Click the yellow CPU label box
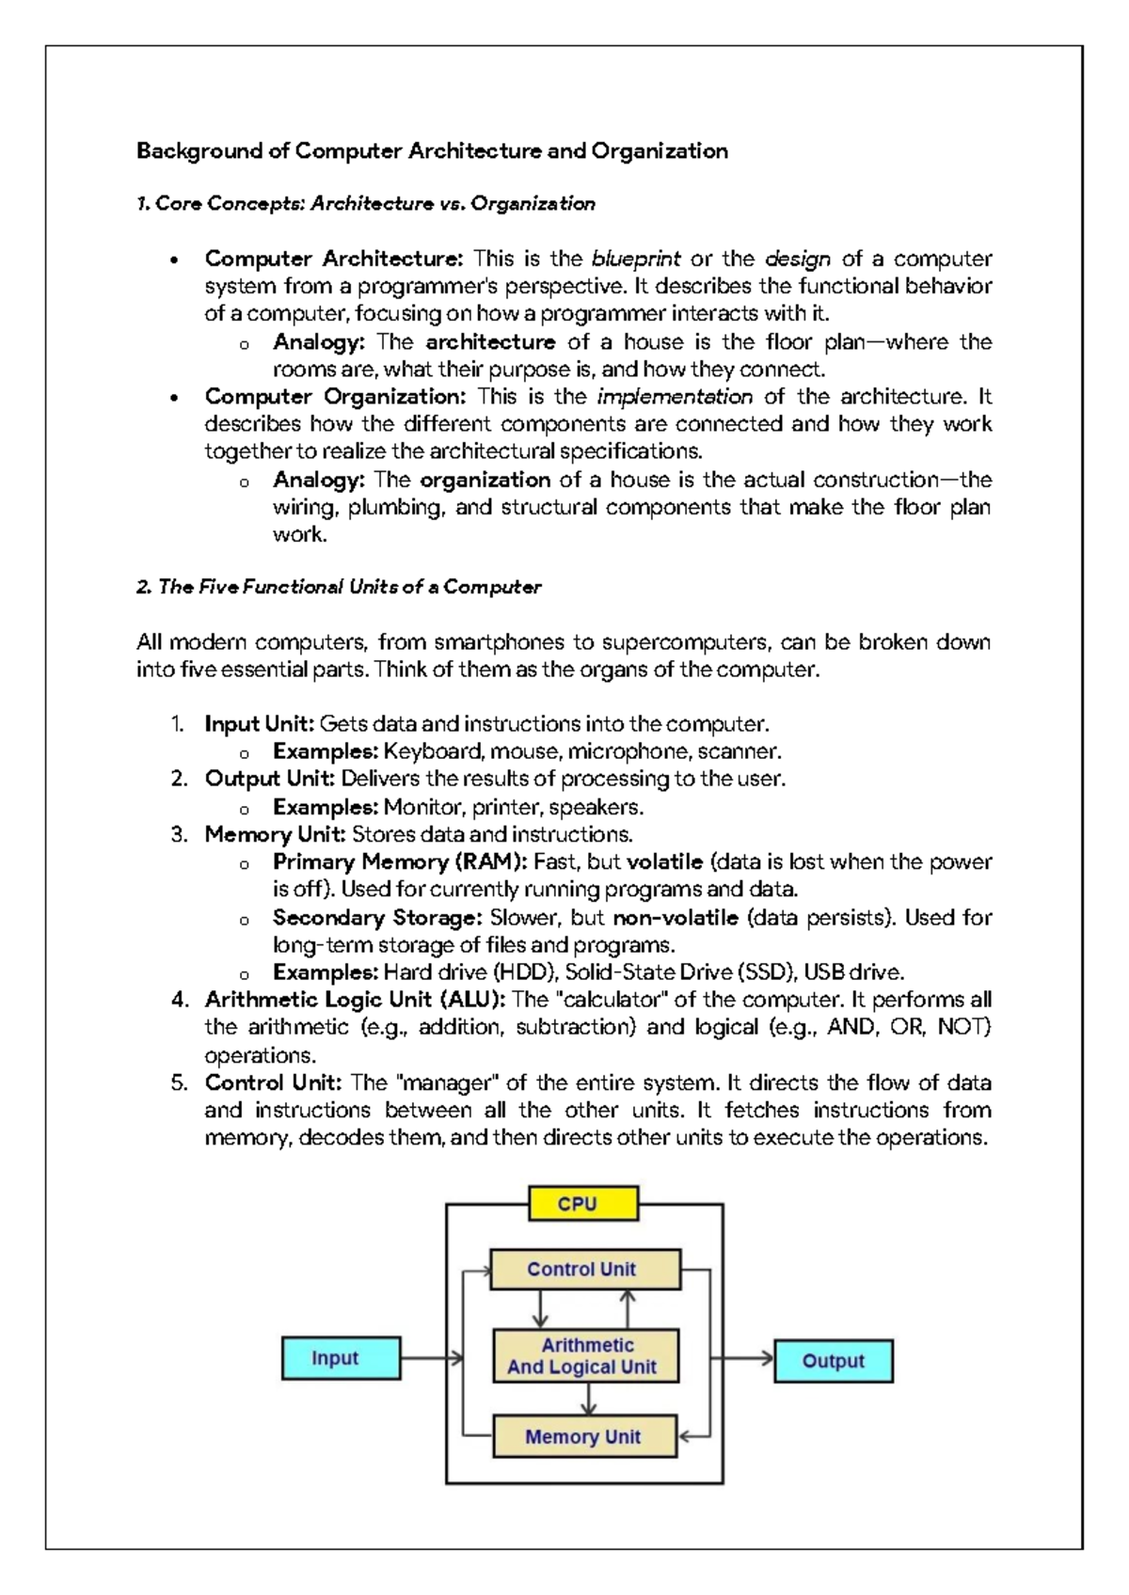(582, 1204)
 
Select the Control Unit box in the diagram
(584, 1269)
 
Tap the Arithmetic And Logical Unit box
(584, 1355)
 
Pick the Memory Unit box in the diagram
(583, 1436)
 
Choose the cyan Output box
(833, 1361)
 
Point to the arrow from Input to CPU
(431, 1358)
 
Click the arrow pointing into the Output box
(743, 1358)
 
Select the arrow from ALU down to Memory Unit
(588, 1398)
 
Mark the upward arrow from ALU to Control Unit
(628, 1309)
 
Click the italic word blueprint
(635, 259)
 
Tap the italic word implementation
(675, 397)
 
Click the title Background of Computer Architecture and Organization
(432, 150)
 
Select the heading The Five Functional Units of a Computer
(339, 587)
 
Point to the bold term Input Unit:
(259, 724)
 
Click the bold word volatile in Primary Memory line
(664, 861)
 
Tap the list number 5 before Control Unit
(179, 1082)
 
